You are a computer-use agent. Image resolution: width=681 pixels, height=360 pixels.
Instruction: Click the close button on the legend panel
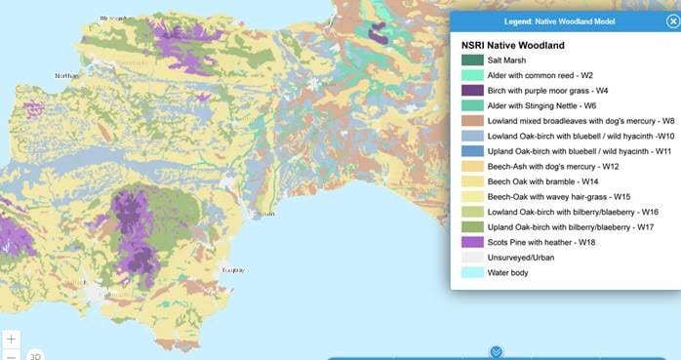pyautogui.click(x=672, y=20)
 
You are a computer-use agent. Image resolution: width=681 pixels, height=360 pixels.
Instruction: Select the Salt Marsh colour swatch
pyautogui.click(x=472, y=60)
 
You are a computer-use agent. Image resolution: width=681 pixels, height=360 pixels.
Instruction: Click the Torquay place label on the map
pyautogui.click(x=233, y=269)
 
